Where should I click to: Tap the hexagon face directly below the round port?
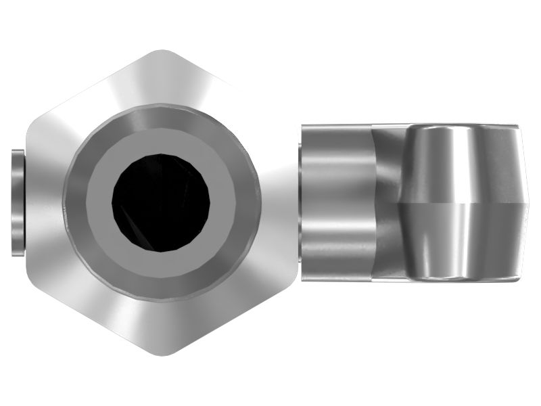pos(162,325)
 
